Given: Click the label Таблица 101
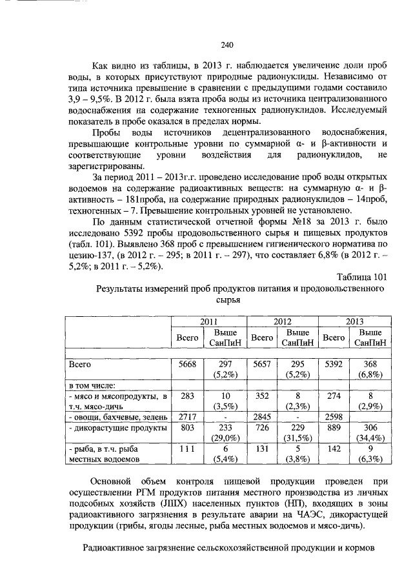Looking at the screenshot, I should (x=361, y=277).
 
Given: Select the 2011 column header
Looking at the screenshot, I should (x=209, y=320).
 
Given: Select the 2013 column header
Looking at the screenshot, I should (x=354, y=320).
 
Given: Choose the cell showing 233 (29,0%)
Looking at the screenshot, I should (x=226, y=432).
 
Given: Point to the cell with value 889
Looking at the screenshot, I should (x=333, y=427).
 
